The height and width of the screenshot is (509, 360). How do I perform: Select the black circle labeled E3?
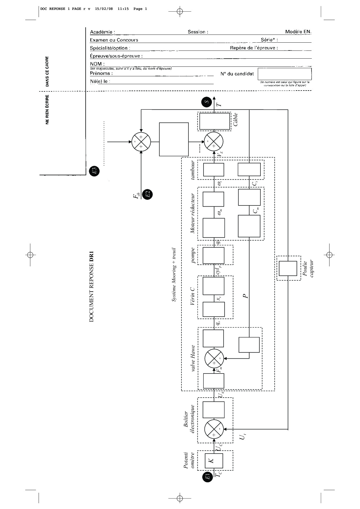coord(94,171)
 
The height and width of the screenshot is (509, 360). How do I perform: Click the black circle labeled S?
coord(207,102)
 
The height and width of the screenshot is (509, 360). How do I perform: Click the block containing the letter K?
coord(214,460)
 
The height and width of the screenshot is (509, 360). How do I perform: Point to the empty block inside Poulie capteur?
coord(288,268)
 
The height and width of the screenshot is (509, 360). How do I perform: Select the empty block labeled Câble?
coord(215,121)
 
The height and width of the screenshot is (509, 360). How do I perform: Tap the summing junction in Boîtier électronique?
coord(214,429)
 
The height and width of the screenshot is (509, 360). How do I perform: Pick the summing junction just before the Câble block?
coord(214,142)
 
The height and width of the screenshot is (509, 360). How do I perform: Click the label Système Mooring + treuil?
coord(174,275)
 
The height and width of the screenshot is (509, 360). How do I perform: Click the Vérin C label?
coord(192,296)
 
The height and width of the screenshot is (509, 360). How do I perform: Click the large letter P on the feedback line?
coord(246,296)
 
